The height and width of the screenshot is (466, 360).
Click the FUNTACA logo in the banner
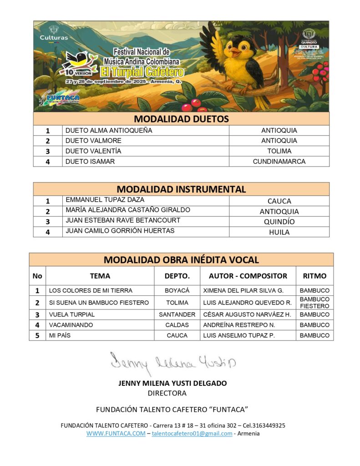pos(62,98)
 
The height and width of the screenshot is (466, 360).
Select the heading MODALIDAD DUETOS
pos(181,119)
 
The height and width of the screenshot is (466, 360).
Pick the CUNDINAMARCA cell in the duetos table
pos(279,161)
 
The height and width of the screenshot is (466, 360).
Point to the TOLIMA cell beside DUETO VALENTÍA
pos(279,151)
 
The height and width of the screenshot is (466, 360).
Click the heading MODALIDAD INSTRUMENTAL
pos(181,189)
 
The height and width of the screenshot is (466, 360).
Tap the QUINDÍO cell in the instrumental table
pos(279,222)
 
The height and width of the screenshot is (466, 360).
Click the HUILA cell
pos(279,232)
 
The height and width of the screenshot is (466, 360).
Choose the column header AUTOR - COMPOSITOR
pos(248,276)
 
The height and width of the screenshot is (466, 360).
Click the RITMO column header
pos(314,276)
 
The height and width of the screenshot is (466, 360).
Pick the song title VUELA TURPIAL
pos(72,314)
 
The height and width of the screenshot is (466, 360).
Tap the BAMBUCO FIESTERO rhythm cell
pos(314,303)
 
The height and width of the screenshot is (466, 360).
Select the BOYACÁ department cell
pos(177,290)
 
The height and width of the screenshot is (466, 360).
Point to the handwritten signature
pos(173,363)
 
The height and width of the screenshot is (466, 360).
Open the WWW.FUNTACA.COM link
pos(116,433)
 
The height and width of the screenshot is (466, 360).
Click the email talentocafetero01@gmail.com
pos(192,433)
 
